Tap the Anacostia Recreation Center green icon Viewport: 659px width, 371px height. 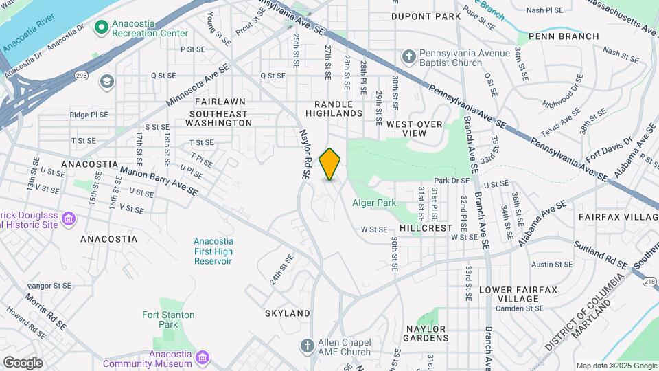point(102,27)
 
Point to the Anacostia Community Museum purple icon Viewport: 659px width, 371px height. point(202,357)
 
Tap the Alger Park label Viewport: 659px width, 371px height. point(374,203)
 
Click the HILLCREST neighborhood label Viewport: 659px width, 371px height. point(426,227)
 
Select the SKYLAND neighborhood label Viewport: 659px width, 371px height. point(288,313)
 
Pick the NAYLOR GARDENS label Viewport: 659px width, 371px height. point(426,333)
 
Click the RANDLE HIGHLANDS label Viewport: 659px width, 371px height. point(334,108)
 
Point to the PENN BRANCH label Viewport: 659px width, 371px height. point(550,36)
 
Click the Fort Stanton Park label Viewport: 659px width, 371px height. point(168,319)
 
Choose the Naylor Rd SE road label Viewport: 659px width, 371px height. point(305,155)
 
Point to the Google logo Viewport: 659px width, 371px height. point(23,363)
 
